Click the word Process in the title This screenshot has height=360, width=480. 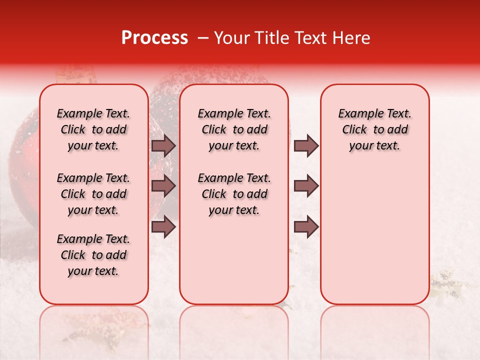click(x=154, y=38)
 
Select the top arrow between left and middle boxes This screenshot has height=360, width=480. click(x=163, y=145)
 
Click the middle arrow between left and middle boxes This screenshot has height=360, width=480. click(x=163, y=186)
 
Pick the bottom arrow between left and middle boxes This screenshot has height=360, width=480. click(x=163, y=226)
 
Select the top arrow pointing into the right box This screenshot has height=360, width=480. click(x=306, y=145)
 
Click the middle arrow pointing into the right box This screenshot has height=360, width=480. click(x=306, y=186)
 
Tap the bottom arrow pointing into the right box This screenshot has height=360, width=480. click(x=306, y=226)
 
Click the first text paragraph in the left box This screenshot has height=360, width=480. click(x=93, y=129)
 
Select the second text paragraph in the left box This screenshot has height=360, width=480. click(x=93, y=194)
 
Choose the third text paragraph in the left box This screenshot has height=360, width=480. click(x=93, y=255)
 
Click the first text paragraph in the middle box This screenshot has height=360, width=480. click(x=234, y=129)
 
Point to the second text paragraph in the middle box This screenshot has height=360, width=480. click(x=234, y=194)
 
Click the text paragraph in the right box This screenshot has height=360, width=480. click(x=374, y=129)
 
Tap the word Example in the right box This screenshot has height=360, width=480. click(x=357, y=114)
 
